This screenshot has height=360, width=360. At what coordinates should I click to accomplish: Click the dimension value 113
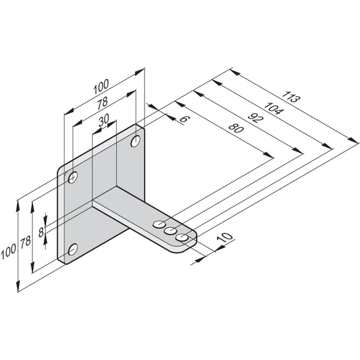(291, 97)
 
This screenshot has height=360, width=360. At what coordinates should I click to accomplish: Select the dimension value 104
(274, 109)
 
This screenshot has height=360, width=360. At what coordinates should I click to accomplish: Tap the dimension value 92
(256, 118)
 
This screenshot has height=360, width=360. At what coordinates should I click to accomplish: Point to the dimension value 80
(236, 128)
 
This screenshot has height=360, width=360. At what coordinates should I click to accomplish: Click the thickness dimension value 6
(184, 119)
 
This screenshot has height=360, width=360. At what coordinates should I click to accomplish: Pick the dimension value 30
(104, 120)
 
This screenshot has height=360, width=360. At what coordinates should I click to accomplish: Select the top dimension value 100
(101, 86)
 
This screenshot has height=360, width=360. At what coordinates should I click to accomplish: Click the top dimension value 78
(102, 104)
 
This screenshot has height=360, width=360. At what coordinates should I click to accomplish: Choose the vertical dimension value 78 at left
(25, 242)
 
